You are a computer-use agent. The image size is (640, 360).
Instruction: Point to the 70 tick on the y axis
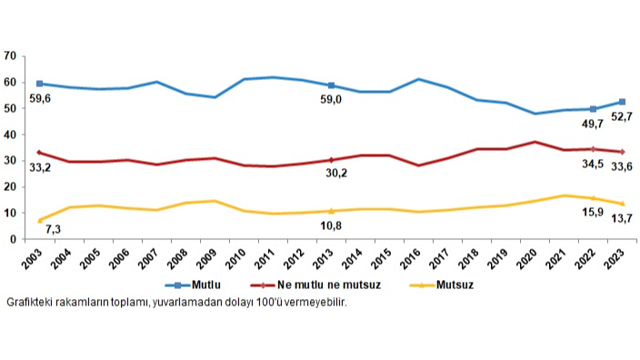(11, 55)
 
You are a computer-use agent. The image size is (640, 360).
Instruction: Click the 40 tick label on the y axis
(11, 135)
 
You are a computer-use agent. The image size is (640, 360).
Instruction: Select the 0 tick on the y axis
(15, 239)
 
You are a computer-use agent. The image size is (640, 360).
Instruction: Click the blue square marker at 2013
(331, 85)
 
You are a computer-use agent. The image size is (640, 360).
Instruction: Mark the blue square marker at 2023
(622, 102)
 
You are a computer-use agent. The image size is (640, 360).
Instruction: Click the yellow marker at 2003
(38, 220)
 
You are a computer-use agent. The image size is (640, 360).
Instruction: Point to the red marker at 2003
(38, 153)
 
